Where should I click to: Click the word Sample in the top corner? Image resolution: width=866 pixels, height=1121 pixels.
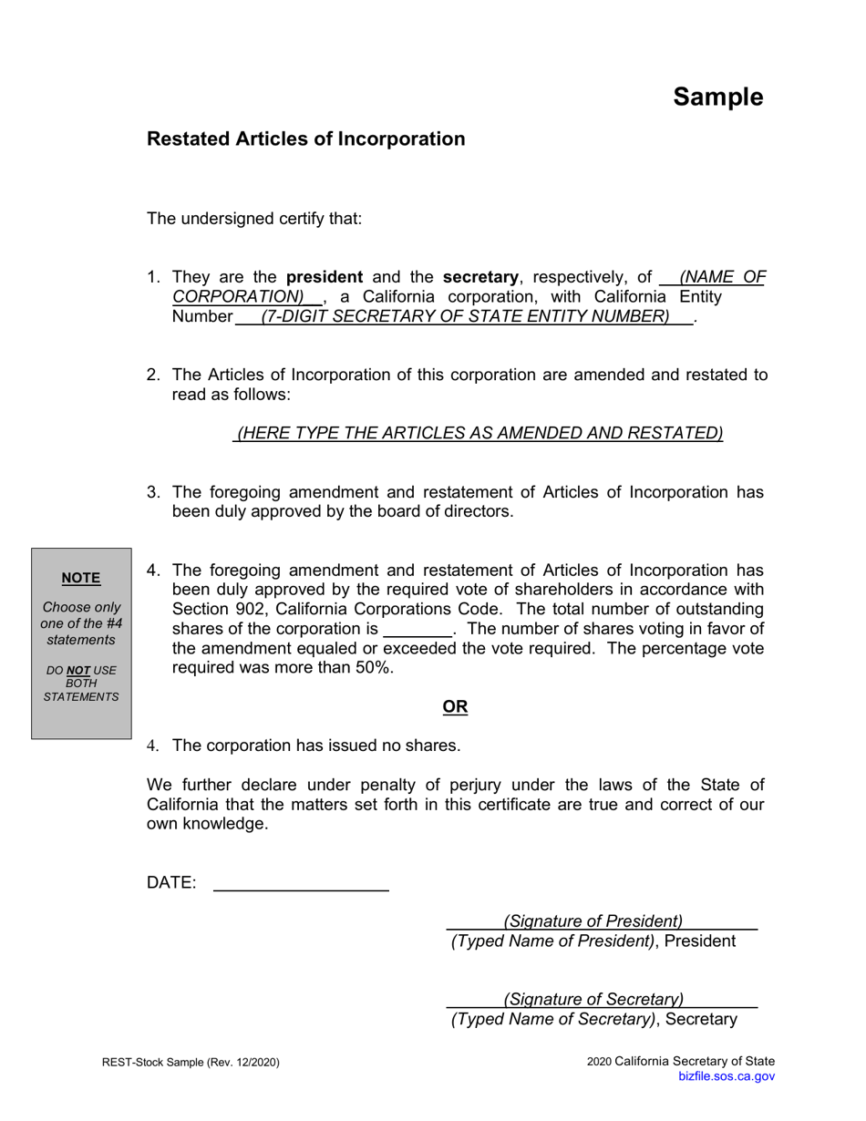[x=717, y=97]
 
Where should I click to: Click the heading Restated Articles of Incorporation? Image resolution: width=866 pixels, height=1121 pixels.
[x=305, y=139]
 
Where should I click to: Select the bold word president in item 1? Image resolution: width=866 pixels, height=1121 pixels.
[x=325, y=277]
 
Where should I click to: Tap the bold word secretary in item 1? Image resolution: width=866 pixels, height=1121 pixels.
[x=480, y=277]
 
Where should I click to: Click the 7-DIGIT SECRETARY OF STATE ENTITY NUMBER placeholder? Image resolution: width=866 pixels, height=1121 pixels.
[x=465, y=316]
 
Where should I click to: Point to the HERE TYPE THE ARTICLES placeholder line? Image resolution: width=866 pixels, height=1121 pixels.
[x=479, y=433]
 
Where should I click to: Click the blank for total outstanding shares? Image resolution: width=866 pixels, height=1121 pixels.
[x=418, y=630]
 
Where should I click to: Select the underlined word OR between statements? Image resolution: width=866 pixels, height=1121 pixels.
[x=455, y=707]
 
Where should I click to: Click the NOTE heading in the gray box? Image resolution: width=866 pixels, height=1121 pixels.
[x=81, y=578]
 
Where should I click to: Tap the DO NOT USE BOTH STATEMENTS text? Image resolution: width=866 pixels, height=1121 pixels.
[x=81, y=684]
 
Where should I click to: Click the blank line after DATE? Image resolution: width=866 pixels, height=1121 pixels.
[x=301, y=884]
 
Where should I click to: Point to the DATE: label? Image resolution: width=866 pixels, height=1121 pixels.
[x=171, y=882]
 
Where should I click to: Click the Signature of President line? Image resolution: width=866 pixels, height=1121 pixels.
[x=593, y=921]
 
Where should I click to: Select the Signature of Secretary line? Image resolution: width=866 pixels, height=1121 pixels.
[x=593, y=1000]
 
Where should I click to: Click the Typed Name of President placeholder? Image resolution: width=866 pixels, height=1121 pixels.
[x=553, y=941]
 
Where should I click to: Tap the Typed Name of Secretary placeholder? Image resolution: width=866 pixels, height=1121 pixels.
[x=553, y=1019]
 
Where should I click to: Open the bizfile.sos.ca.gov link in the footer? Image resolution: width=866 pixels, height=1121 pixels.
[x=727, y=1076]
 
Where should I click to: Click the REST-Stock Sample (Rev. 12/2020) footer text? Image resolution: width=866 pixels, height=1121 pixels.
[x=191, y=1062]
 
